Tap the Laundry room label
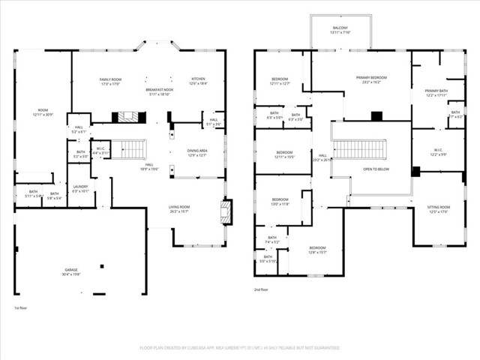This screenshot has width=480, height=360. point(79,188)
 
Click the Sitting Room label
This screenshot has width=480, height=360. point(439,209)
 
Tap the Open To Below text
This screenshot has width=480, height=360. point(376,169)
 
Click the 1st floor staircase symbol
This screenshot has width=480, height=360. point(133,149)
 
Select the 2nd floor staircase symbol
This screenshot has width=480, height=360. point(359,149)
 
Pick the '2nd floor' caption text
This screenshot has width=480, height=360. point(262,289)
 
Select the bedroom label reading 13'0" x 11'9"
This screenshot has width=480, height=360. point(280,202)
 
